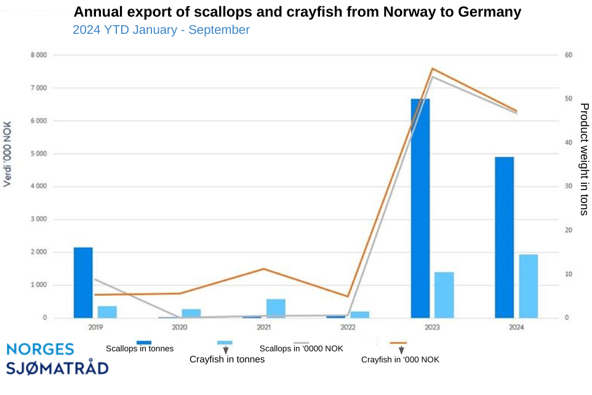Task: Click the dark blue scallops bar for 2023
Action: (x=420, y=208)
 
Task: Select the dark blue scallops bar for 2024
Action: (x=504, y=237)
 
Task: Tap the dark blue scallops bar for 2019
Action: (x=83, y=282)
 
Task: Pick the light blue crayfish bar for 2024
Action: (x=528, y=286)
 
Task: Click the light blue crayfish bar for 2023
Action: (x=444, y=295)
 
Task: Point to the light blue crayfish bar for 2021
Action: (x=276, y=308)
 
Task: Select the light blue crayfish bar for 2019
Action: (x=107, y=312)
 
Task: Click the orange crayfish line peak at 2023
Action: (x=433, y=68)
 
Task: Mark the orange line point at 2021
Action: (x=264, y=269)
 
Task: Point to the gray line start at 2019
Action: (x=95, y=279)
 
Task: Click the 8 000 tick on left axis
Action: (x=39, y=55)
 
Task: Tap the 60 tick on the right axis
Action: (x=569, y=55)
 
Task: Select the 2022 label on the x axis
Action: (x=348, y=327)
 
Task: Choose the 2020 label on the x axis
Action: (x=180, y=327)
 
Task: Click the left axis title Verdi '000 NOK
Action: (x=7, y=154)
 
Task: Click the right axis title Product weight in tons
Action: (x=583, y=159)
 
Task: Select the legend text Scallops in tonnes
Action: (x=140, y=349)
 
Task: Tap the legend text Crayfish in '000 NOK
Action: (x=400, y=359)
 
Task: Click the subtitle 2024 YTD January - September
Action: (x=161, y=30)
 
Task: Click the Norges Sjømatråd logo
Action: (x=57, y=359)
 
